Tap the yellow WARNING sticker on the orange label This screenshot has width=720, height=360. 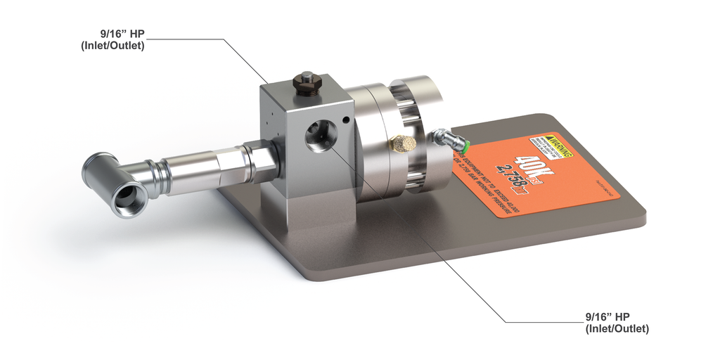pos(553,145)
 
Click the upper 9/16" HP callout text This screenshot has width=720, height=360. pos(122,32)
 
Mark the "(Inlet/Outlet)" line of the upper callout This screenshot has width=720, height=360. pos(113,46)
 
